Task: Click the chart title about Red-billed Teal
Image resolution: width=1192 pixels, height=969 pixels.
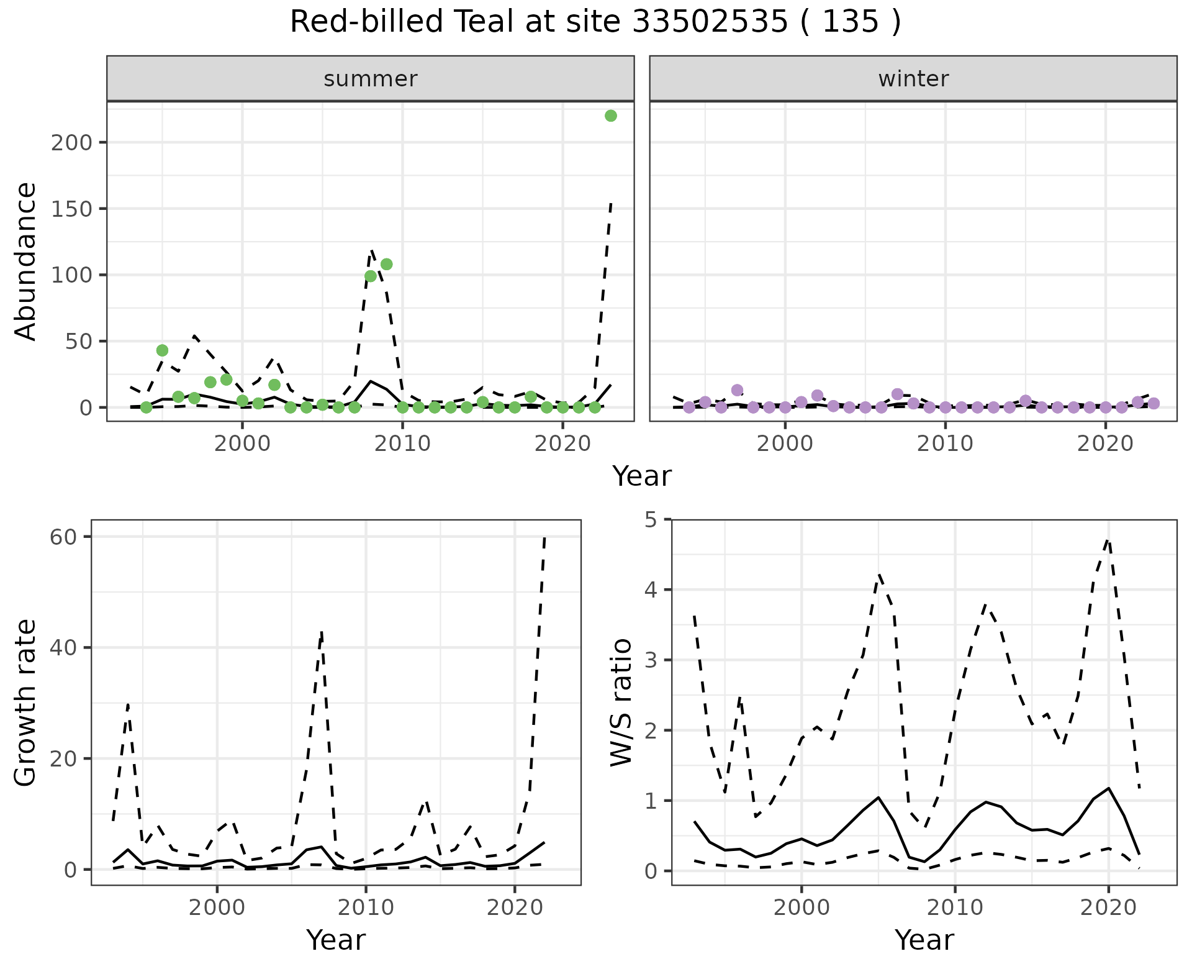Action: [x=595, y=22]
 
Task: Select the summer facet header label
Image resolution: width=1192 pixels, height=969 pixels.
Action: [x=371, y=79]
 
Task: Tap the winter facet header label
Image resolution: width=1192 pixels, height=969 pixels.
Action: [x=913, y=79]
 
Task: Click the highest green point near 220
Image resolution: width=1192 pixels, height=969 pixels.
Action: [x=610, y=116]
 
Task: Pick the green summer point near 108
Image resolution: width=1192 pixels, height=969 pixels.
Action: [x=386, y=264]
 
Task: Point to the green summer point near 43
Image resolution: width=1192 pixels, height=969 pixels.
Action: [x=162, y=350]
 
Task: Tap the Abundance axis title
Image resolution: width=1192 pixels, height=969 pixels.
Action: [x=26, y=261]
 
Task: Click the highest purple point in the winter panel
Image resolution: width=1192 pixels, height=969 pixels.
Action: [x=737, y=390]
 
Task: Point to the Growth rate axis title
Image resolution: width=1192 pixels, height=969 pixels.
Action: [x=26, y=703]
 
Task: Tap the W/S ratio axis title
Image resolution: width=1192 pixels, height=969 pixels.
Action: [x=621, y=702]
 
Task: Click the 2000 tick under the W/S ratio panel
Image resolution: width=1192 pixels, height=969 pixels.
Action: [x=801, y=907]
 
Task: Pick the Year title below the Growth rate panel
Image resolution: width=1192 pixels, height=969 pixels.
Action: [x=336, y=940]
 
